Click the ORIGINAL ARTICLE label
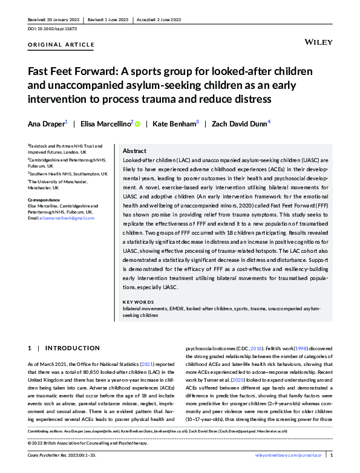point(61,45)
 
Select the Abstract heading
point(134,151)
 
